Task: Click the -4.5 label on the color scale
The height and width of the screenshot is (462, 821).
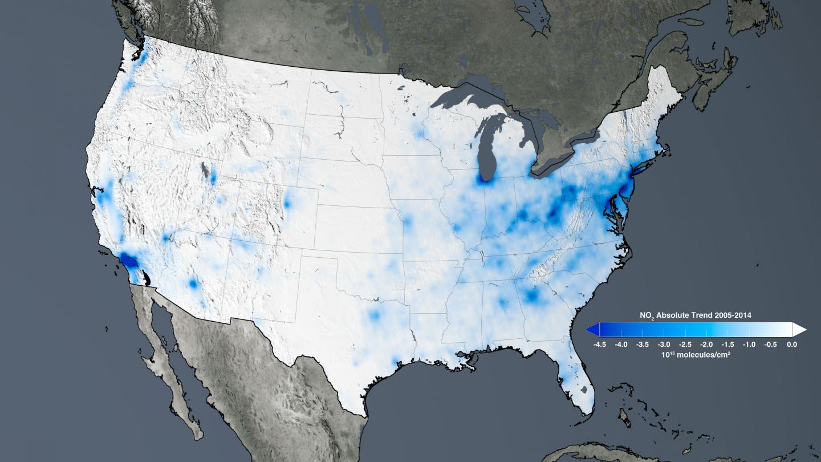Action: click(x=599, y=345)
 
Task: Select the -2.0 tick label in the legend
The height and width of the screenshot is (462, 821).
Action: click(x=706, y=345)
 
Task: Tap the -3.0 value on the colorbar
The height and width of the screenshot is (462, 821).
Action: click(x=663, y=345)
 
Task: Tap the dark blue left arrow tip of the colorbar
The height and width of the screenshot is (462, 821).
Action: click(x=591, y=329)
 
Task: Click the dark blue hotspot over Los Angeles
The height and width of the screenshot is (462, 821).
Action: click(x=128, y=261)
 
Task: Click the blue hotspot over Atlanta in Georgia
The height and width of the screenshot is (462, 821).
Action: click(x=533, y=295)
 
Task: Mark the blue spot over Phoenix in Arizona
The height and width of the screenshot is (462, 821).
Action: click(x=193, y=283)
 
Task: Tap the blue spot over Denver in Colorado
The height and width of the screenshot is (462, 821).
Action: click(x=286, y=202)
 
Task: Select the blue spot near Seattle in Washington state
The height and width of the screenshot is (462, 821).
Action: click(x=140, y=56)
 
